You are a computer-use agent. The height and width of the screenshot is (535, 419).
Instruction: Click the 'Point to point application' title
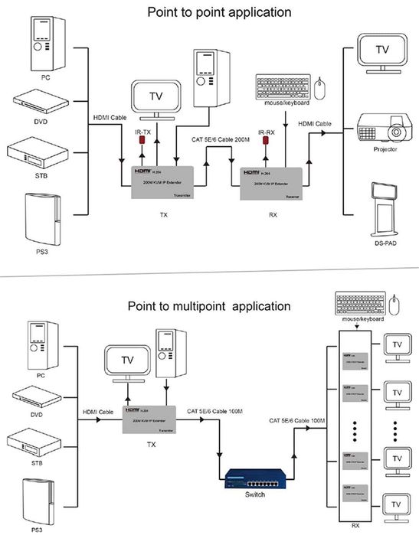point(209,13)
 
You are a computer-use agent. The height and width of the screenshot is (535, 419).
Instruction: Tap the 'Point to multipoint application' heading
point(209,305)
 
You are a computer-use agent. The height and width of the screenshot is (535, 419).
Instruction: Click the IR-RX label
point(267,132)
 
